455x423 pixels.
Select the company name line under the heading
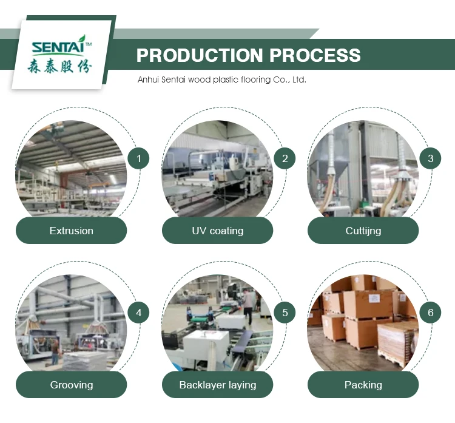click(221, 80)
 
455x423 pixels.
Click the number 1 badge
click(138, 159)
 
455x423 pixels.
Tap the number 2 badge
click(285, 159)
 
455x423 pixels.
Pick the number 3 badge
click(430, 159)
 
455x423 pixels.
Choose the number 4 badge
click(138, 313)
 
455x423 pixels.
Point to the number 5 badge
click(285, 313)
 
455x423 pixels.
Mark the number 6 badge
click(430, 313)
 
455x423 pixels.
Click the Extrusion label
click(71, 231)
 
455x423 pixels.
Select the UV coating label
click(217, 231)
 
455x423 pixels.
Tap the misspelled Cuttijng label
click(363, 231)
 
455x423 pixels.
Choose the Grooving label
click(71, 385)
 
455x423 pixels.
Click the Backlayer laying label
click(217, 385)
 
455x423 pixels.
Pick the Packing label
click(363, 385)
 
